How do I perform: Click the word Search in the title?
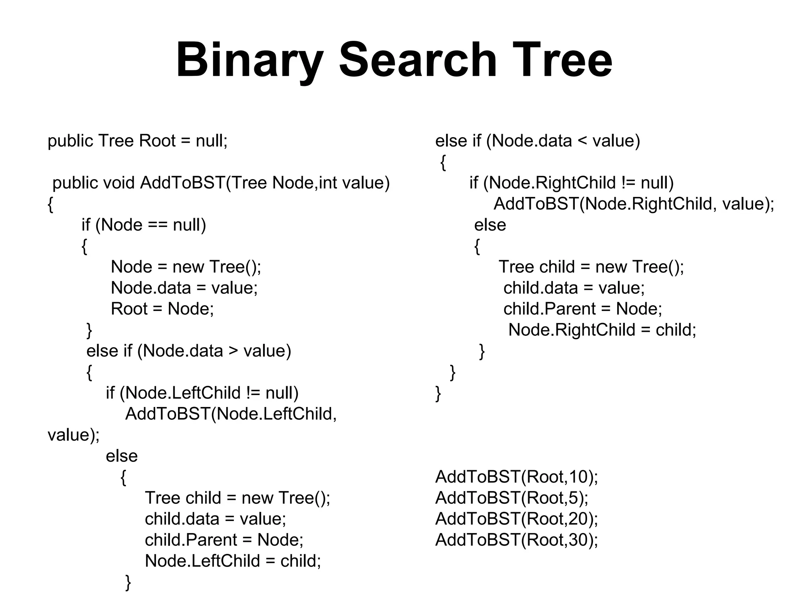point(418,61)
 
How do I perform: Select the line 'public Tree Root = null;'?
point(138,141)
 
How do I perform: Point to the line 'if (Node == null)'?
point(144,225)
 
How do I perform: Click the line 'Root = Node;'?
point(162,309)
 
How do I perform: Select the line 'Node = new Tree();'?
point(186,267)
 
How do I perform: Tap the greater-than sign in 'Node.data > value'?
point(233,351)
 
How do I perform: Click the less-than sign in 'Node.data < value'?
point(582,141)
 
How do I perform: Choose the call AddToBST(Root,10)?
point(517,477)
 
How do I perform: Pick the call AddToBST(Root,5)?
point(512,498)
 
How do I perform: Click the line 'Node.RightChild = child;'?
point(602,330)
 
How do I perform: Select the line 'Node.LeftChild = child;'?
point(233,561)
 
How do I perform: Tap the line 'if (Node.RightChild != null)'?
point(571,183)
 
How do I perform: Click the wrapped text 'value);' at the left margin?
point(73,435)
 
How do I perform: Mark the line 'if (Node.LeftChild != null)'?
point(202,393)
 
